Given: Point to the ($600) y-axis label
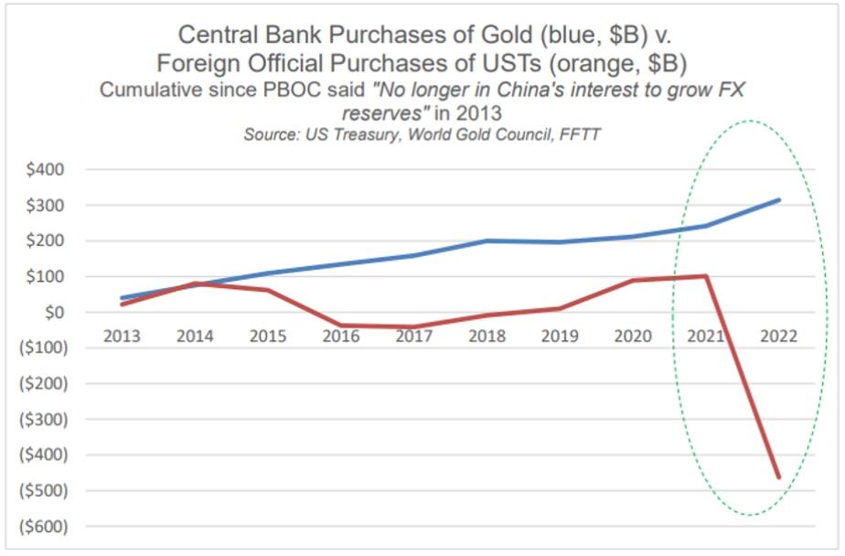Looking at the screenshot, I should coord(42,526).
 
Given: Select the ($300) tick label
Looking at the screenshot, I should coord(42,420).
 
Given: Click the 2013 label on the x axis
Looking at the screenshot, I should coord(122,336).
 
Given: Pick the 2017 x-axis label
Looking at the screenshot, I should coord(414,336).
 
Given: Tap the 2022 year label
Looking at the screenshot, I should coord(779,336).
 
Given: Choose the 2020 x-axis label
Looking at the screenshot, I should coord(633,336).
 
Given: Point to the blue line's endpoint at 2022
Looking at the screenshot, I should coord(779,199).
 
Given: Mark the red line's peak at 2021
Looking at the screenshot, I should coord(706,275).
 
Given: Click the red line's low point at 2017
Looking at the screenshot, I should coord(414,326).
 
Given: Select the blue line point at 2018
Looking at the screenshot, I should coord(487,241).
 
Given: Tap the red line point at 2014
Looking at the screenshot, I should coord(195,283).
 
